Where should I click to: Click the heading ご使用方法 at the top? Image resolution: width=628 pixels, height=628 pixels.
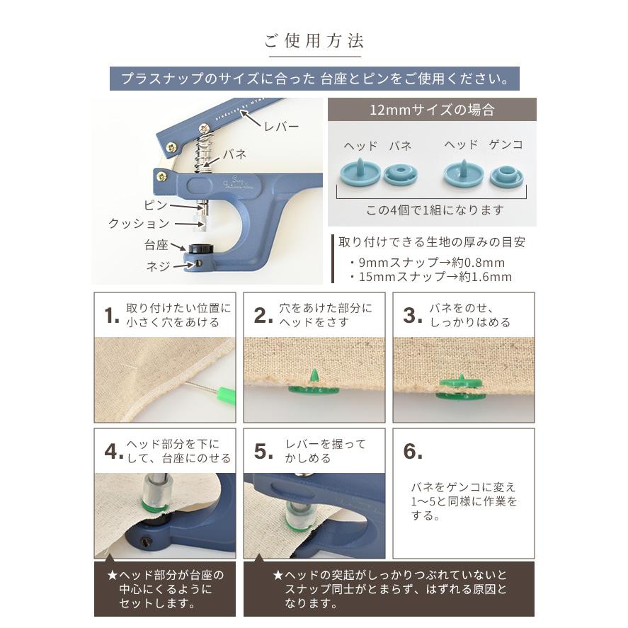point(314,40)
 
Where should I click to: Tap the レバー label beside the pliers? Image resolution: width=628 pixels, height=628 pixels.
point(280,127)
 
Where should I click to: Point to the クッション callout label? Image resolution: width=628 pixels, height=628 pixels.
point(139,224)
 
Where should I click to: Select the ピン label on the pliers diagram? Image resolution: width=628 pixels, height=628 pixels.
point(156,205)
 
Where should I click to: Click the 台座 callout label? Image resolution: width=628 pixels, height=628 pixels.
point(156,245)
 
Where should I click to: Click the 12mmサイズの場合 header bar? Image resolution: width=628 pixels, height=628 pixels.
point(432,110)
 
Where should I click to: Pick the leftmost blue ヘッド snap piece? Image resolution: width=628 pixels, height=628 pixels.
point(360,173)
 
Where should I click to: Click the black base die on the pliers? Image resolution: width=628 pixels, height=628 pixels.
point(201,250)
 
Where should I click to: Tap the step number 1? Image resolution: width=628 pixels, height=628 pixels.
point(111,316)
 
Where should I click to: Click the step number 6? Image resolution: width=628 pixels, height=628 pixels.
point(413,452)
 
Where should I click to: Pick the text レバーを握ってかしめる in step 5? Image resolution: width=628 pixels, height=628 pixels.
point(326,451)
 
